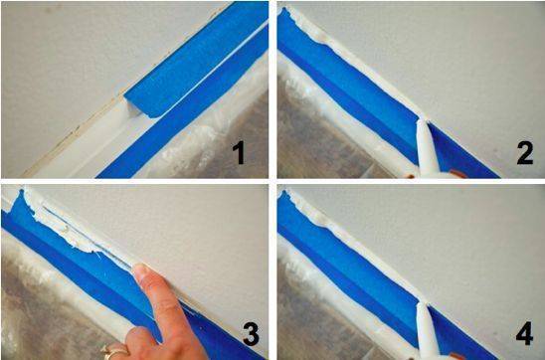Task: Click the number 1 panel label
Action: point(239,153)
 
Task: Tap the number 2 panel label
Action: point(525,153)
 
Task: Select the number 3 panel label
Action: point(251,334)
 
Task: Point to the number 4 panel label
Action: point(525,334)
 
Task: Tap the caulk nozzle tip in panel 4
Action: point(422,304)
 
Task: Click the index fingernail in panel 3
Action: point(140,270)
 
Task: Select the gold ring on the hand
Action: point(112,352)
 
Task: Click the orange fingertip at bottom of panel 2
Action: point(457,173)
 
